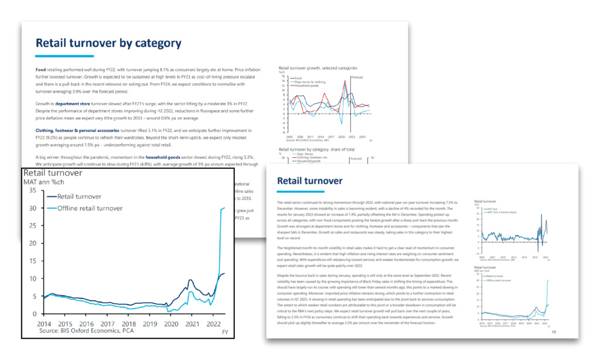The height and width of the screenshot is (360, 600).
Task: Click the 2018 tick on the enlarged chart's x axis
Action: coord(128,324)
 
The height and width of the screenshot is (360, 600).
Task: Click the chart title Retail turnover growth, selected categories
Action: coord(316,68)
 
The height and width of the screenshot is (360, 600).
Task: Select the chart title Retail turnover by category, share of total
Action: coord(315,150)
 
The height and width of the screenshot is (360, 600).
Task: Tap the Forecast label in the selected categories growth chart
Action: coord(357,77)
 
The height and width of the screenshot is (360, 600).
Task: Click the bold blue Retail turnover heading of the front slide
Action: coord(309,181)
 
